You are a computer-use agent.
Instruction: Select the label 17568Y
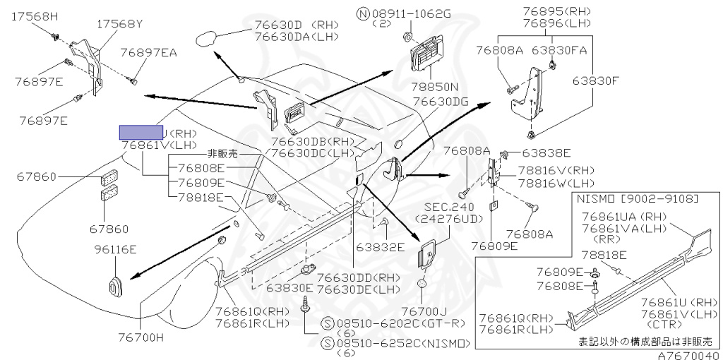tap(120, 24)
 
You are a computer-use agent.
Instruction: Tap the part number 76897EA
tap(148, 52)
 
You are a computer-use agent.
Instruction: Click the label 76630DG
tap(441, 102)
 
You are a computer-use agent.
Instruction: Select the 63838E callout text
tap(547, 152)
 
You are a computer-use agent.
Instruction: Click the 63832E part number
tap(380, 247)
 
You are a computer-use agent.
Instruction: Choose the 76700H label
tap(139, 337)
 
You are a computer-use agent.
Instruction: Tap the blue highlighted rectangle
tap(141, 132)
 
